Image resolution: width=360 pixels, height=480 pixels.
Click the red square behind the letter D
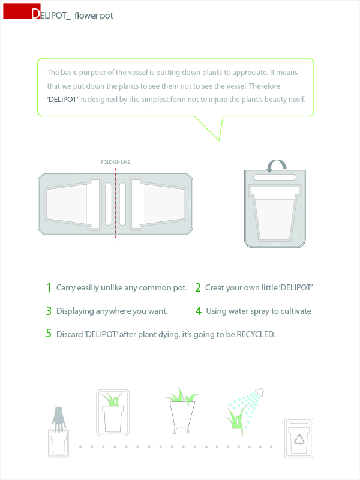click(22, 11)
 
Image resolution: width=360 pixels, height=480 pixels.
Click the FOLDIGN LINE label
click(115, 162)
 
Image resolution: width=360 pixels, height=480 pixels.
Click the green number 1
click(49, 287)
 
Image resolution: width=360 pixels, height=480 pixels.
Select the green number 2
click(198, 287)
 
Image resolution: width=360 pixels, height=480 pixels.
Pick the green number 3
click(49, 311)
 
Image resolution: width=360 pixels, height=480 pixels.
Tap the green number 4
click(199, 311)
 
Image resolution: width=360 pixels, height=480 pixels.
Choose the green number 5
click(49, 333)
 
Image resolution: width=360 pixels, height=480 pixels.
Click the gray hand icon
click(58, 419)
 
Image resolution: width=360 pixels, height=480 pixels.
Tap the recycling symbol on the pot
click(299, 440)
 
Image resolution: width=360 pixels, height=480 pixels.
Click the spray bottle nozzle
click(259, 392)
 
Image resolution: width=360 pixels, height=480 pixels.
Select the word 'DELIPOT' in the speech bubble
click(63, 100)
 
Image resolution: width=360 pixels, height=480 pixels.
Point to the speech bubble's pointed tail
click(219, 140)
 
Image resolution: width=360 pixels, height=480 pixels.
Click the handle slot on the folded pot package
click(275, 177)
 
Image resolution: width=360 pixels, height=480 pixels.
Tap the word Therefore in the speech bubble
click(265, 86)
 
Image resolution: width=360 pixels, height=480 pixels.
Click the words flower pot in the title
click(94, 16)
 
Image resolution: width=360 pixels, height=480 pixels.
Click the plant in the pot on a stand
click(182, 395)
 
